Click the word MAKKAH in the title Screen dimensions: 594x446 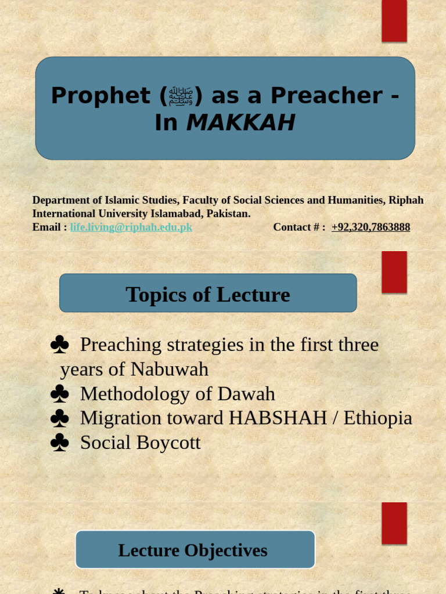(x=240, y=122)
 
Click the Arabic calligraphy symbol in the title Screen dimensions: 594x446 (x=181, y=96)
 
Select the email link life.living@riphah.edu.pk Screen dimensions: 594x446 (x=131, y=227)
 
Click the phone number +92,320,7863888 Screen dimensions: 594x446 (x=371, y=227)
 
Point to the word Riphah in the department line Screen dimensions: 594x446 (x=406, y=200)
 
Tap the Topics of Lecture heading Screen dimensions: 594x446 (x=207, y=294)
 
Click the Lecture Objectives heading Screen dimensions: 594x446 (x=193, y=550)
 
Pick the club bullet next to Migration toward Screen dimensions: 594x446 (x=59, y=419)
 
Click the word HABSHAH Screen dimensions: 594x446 (x=278, y=418)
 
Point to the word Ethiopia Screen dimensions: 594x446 (x=377, y=418)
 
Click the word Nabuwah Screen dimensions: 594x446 (x=169, y=370)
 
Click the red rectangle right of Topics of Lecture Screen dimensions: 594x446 (x=394, y=272)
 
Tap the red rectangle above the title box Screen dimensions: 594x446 (x=394, y=21)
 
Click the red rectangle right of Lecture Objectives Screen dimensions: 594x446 (x=394, y=523)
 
